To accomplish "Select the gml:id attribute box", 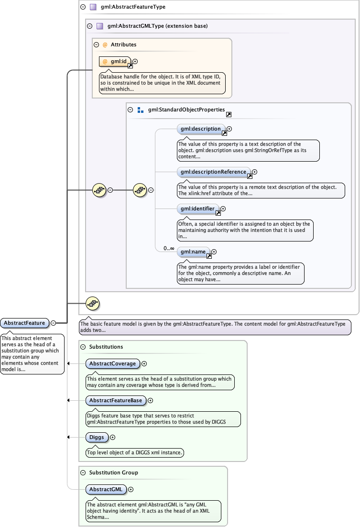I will [x=115, y=61].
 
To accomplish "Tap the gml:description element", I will [x=200, y=129].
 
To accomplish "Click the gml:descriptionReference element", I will [x=213, y=172].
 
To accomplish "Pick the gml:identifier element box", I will [x=198, y=209].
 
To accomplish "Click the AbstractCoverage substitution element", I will [x=112, y=363].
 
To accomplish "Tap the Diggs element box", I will [x=96, y=437].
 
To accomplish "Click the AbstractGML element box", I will [x=106, y=489].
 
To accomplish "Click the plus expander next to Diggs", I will [x=113, y=437].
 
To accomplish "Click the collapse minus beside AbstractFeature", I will [x=54, y=323].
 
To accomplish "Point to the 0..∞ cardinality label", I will [x=168, y=248].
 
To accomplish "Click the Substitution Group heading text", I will [x=113, y=472].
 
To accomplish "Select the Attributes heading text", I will [x=123, y=44].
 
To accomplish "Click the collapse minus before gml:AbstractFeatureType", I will [x=83, y=7].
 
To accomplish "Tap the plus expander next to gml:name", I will [x=214, y=252].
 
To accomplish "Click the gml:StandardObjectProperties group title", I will [x=186, y=110].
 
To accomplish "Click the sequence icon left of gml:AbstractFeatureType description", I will [x=92, y=303].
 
